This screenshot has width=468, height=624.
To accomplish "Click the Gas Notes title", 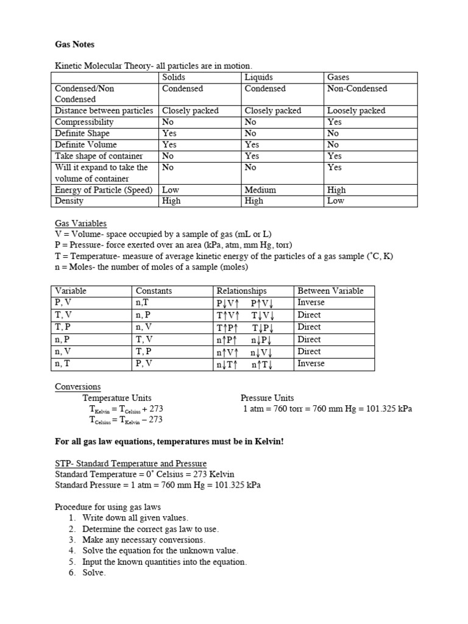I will point(75,44).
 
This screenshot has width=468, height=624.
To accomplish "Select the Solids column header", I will point(174,77).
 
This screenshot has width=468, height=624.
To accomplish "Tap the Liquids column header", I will point(259,77).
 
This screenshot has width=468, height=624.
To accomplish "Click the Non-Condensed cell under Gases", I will point(357,88).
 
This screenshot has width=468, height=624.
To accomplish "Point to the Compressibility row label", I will point(84,122).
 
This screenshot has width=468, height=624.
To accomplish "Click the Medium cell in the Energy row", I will point(260,190).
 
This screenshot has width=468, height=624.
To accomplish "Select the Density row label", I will point(69,200).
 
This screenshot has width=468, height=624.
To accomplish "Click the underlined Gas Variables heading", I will point(80,224).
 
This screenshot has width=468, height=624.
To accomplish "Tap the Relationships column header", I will point(242,291).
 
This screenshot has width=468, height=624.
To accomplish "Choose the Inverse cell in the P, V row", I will point(311,302).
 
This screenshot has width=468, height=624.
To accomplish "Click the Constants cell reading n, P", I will point(144,315).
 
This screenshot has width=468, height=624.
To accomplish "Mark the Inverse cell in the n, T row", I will point(311,364).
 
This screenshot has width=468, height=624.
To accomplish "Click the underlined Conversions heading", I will point(78,387).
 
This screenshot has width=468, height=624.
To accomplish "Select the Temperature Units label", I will point(118,398).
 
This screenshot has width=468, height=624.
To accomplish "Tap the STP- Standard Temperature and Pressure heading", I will point(130,464).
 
